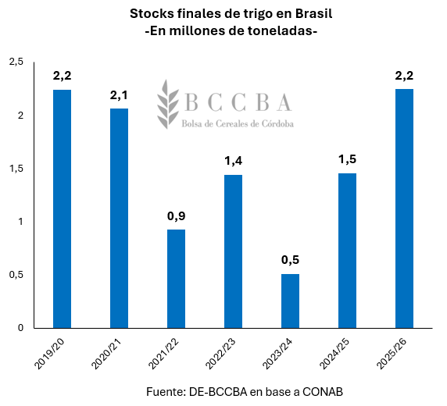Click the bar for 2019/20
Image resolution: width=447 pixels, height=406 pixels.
tap(62, 208)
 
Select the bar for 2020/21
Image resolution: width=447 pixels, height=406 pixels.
tap(119, 218)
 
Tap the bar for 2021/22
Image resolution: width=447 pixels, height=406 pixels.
tap(176, 278)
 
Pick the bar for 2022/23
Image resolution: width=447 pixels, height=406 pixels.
tap(233, 251)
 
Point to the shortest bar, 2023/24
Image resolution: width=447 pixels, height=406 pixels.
tap(290, 301)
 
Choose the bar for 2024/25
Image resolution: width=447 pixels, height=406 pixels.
tap(347, 250)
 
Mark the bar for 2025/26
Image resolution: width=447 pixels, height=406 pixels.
tap(404, 208)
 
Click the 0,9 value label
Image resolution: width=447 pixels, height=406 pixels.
tap(176, 215)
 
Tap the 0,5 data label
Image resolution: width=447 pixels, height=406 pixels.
tap(290, 260)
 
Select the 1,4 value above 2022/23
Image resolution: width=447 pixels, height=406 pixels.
tap(233, 161)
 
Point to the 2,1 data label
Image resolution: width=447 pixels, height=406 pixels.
tap(119, 94)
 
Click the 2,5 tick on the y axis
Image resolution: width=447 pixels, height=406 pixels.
tap(16, 62)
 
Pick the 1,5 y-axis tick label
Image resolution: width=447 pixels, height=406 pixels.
tap(16, 169)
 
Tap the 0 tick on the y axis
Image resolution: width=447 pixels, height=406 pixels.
tap(21, 328)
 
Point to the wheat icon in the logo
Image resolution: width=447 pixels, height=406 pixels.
tap(168, 105)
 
